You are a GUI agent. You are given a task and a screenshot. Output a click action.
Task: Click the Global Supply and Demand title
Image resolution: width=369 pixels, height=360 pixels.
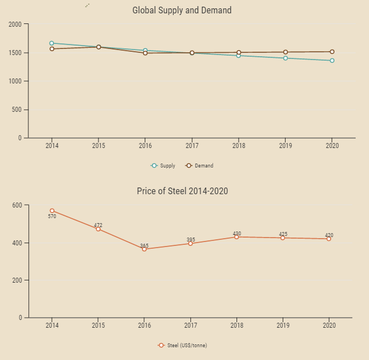pyautogui.click(x=182, y=11)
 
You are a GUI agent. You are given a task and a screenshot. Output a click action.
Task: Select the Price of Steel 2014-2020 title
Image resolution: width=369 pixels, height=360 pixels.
pyautogui.click(x=183, y=191)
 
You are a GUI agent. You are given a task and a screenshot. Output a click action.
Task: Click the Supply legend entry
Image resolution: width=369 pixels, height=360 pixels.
pyautogui.click(x=164, y=165)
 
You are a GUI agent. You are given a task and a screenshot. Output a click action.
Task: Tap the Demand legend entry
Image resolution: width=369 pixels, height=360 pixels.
pyautogui.click(x=200, y=165)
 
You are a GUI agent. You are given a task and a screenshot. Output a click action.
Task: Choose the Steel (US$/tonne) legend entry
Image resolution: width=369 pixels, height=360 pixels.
pyautogui.click(x=183, y=346)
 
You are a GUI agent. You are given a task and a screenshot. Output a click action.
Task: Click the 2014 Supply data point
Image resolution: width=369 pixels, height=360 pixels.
pyautogui.click(x=52, y=43)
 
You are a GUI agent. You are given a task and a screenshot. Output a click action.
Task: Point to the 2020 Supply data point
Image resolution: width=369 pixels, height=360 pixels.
pyautogui.click(x=332, y=61)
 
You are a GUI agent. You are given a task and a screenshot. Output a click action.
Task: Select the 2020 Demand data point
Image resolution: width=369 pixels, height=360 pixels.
pyautogui.click(x=332, y=52)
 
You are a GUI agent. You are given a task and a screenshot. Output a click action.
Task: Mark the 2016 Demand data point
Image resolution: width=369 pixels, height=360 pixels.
pyautogui.click(x=145, y=53)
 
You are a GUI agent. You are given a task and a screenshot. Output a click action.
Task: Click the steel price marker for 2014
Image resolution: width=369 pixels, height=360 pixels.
pyautogui.click(x=52, y=211)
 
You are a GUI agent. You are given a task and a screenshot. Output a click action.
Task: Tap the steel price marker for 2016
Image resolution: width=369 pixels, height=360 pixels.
pyautogui.click(x=144, y=249)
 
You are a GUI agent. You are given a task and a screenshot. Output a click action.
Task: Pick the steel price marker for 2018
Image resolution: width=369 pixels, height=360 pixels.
pyautogui.click(x=237, y=237)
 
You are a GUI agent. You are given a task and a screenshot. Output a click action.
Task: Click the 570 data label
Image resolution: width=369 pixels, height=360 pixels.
pyautogui.click(x=52, y=216)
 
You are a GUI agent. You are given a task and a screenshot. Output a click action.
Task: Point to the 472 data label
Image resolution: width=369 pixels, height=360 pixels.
pyautogui.click(x=98, y=225)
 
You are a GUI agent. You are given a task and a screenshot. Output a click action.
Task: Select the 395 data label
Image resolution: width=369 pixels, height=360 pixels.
pyautogui.click(x=191, y=240)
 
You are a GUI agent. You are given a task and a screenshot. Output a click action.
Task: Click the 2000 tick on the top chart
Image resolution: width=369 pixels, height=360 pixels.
pyautogui.click(x=15, y=24)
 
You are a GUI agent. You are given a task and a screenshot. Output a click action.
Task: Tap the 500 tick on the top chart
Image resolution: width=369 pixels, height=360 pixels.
pyautogui.click(x=17, y=110)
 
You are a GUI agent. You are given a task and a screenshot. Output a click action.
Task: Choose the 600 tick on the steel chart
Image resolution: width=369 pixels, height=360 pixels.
pyautogui.click(x=17, y=205)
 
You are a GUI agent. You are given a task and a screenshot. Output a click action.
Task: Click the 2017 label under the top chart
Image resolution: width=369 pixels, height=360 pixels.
pyautogui.click(x=191, y=146)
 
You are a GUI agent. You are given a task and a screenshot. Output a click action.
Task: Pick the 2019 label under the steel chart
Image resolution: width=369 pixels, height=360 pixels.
pyautogui.click(x=283, y=326)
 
